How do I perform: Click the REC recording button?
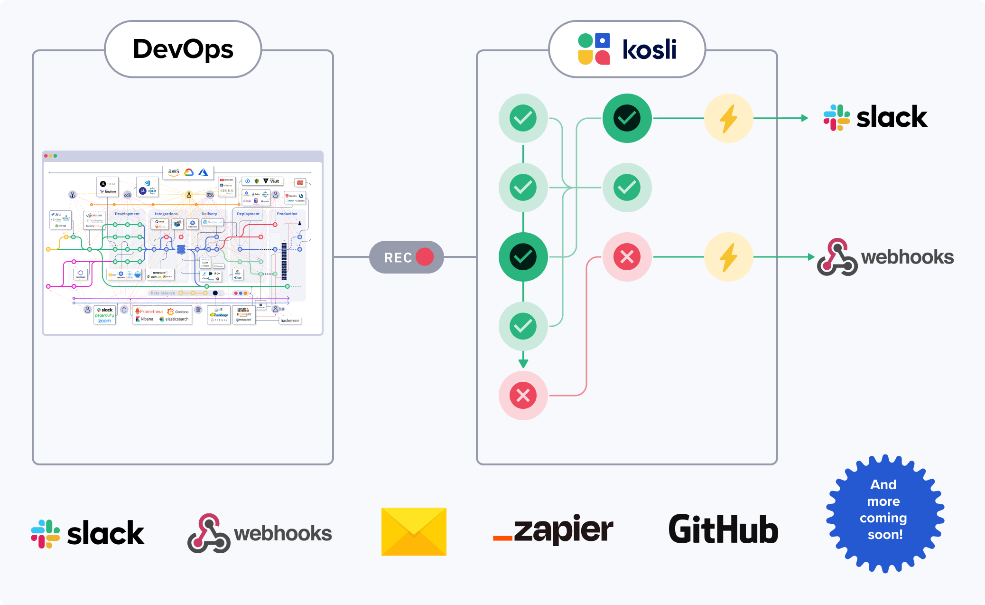(407, 257)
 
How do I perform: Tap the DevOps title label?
(183, 49)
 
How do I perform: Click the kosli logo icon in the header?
(594, 49)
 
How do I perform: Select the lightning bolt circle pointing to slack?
(728, 118)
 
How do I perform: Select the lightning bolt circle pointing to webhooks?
(728, 257)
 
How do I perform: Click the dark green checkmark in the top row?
(627, 118)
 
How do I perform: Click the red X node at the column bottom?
(523, 396)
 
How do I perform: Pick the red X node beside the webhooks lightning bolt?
(627, 257)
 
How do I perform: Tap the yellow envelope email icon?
(414, 531)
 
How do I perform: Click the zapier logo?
(553, 530)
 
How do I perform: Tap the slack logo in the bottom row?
(88, 533)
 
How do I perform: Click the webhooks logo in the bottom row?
(260, 533)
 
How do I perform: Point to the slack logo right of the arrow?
(875, 117)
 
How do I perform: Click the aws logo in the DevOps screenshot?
(174, 172)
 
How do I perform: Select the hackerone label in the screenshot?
(289, 321)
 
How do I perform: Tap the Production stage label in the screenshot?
(287, 214)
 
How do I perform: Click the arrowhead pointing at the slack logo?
(804, 118)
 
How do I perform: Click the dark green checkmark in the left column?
(523, 257)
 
